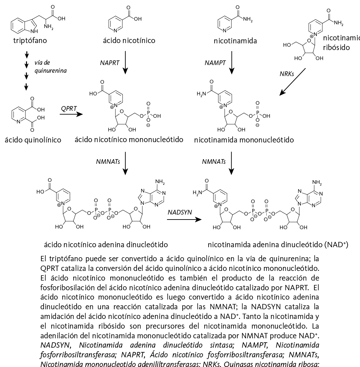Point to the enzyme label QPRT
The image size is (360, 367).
click(69, 108)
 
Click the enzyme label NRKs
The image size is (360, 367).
click(287, 74)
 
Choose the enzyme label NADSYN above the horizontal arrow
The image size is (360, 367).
click(180, 212)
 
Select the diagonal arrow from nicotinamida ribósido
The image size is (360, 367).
click(293, 82)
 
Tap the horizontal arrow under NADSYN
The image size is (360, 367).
click(184, 220)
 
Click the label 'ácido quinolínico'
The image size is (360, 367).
click(33, 140)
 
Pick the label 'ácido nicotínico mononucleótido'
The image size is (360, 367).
click(130, 139)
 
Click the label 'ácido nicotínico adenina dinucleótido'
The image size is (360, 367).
click(106, 245)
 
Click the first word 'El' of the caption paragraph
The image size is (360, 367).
click(43, 259)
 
